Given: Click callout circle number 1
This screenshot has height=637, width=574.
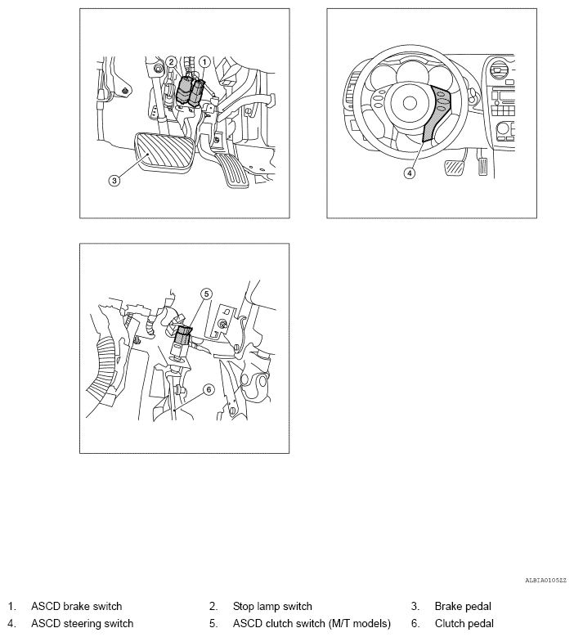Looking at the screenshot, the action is pyautogui.click(x=204, y=62).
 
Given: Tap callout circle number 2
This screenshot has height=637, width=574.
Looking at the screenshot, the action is pyautogui.click(x=171, y=62).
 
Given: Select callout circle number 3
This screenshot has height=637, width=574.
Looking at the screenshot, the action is pyautogui.click(x=114, y=180).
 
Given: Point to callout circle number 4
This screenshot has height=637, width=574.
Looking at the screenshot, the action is pyautogui.click(x=410, y=173).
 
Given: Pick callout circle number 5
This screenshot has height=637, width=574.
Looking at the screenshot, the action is pyautogui.click(x=207, y=294).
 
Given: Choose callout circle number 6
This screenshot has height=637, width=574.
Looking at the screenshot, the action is pyautogui.click(x=209, y=389).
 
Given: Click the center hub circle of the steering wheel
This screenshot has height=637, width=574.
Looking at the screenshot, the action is pyautogui.click(x=410, y=103).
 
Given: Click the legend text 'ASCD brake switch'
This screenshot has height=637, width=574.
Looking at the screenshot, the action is pyautogui.click(x=76, y=606).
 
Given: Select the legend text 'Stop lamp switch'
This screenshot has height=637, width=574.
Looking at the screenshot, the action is pyautogui.click(x=272, y=606).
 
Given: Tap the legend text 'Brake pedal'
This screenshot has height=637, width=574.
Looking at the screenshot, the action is pyautogui.click(x=463, y=606).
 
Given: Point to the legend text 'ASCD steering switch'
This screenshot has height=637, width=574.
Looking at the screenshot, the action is pyautogui.click(x=82, y=623).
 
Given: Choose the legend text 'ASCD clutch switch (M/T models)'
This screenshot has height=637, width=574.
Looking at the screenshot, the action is pyautogui.click(x=312, y=623).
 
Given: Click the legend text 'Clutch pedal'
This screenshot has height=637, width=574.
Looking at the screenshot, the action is pyautogui.click(x=464, y=623).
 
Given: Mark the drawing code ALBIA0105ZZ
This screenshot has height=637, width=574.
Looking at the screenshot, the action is pyautogui.click(x=545, y=581).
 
